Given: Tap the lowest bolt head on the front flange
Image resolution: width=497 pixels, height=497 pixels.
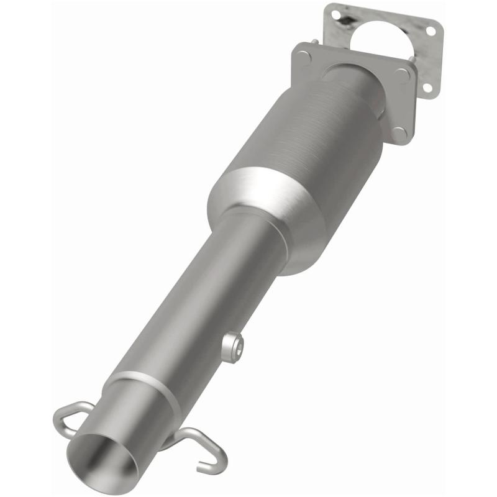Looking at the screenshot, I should pyautogui.click(x=399, y=132).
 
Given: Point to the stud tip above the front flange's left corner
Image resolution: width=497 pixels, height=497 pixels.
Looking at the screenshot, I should pyautogui.click(x=316, y=42).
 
